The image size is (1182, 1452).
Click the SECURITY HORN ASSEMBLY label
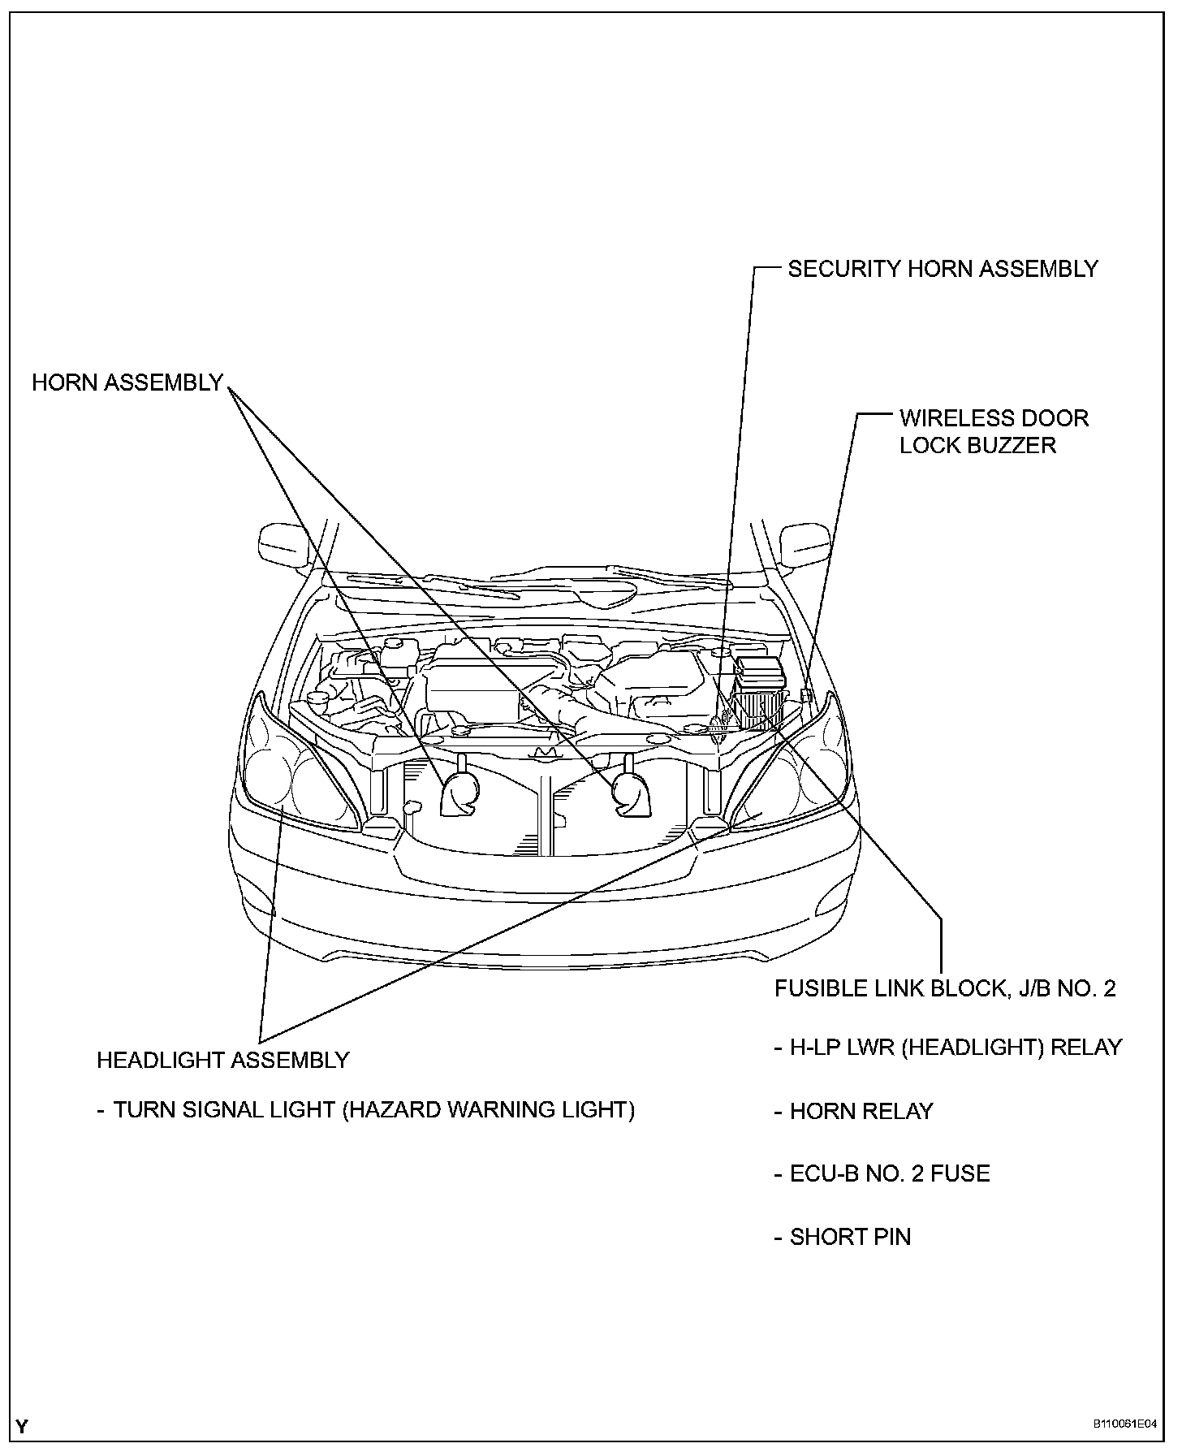pos(943,269)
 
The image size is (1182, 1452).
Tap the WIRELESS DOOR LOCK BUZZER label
pos(993,431)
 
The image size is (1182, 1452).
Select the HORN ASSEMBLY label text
pos(127,382)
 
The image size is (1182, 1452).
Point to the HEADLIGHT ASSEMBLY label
pos(222,1060)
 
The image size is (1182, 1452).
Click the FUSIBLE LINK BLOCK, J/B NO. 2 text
pos(945,988)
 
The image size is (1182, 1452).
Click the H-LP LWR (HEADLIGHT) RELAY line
pos(955,1047)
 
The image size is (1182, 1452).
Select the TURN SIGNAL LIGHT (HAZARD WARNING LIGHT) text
pos(373,1109)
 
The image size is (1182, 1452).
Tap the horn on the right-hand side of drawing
pos(627,793)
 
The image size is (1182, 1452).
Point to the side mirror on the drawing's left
pos(283,545)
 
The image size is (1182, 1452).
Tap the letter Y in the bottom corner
pos(22,1425)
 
